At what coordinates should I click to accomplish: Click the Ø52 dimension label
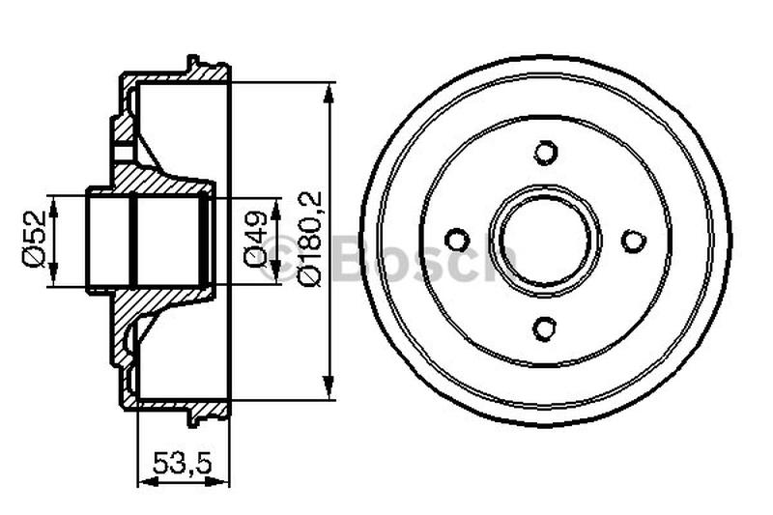coord(36,242)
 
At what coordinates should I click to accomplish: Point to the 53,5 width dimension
coord(183,462)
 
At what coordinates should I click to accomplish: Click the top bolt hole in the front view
coord(546,153)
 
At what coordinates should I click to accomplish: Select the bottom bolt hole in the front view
coord(546,328)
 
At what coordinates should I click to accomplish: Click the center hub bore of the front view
coord(546,240)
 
